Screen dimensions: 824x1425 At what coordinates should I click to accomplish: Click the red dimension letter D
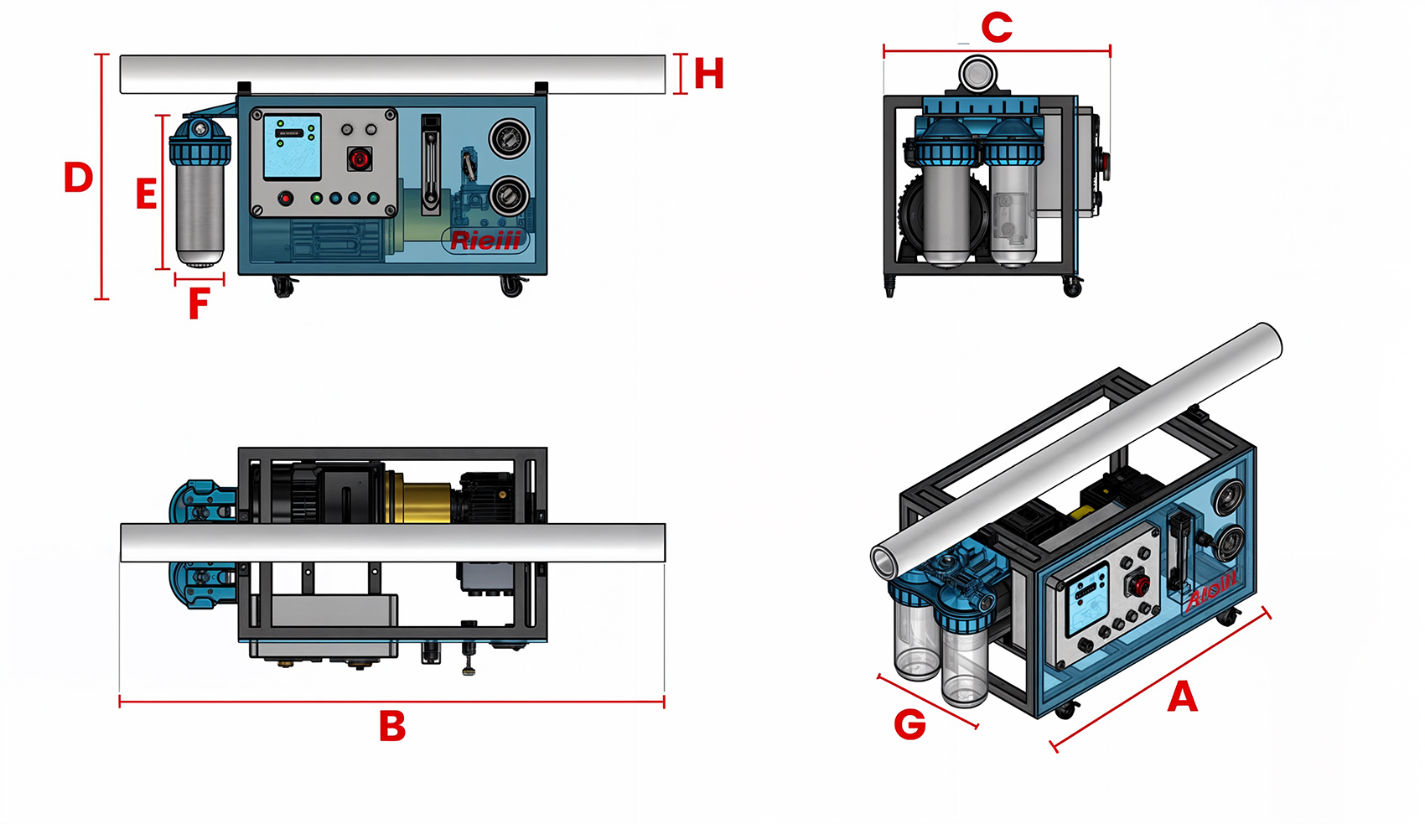[x=78, y=178]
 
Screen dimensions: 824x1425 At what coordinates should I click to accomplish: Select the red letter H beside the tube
[x=708, y=74]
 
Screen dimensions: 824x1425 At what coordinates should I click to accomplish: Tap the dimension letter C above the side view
[x=997, y=28]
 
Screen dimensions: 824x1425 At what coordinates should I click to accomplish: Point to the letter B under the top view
[x=392, y=726]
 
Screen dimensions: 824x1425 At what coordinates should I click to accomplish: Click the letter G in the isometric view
[x=909, y=724]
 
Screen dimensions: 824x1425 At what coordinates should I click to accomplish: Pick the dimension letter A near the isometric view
[x=1182, y=697]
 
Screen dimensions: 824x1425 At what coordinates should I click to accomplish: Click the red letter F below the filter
[x=198, y=304]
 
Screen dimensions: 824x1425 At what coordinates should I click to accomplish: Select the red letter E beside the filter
[x=146, y=194]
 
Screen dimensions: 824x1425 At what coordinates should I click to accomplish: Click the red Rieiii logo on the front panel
[x=485, y=241]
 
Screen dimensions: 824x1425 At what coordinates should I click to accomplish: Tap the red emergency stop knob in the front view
[x=359, y=158]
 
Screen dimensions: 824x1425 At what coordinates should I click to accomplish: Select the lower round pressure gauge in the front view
[x=509, y=196]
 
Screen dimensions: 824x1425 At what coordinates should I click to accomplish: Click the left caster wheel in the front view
[x=284, y=288]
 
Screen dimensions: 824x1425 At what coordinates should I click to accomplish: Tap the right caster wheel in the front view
[x=511, y=288]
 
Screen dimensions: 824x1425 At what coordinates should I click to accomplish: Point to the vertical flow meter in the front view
[x=430, y=164]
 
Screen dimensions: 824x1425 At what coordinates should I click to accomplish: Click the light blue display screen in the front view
[x=292, y=148]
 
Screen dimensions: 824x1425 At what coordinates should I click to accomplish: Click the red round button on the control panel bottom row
[x=286, y=199]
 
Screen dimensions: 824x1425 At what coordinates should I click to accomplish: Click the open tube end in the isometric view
[x=885, y=561]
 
